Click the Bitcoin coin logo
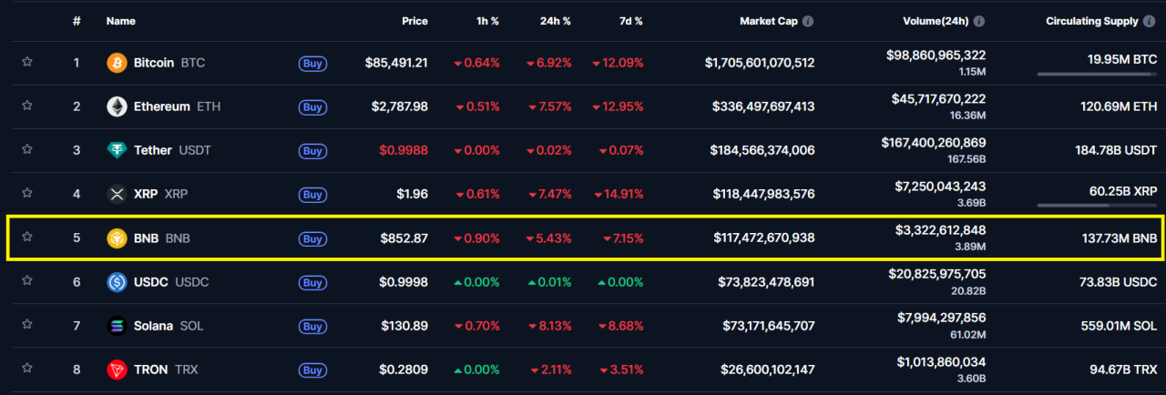click(x=118, y=63)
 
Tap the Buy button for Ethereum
click(x=312, y=107)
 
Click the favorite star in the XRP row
click(x=27, y=193)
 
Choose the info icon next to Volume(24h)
click(x=977, y=21)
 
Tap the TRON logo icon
click(x=118, y=370)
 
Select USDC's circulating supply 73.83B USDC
click(x=1116, y=282)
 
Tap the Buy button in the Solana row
click(x=312, y=326)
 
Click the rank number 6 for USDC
click(x=77, y=282)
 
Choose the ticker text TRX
click(x=186, y=370)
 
